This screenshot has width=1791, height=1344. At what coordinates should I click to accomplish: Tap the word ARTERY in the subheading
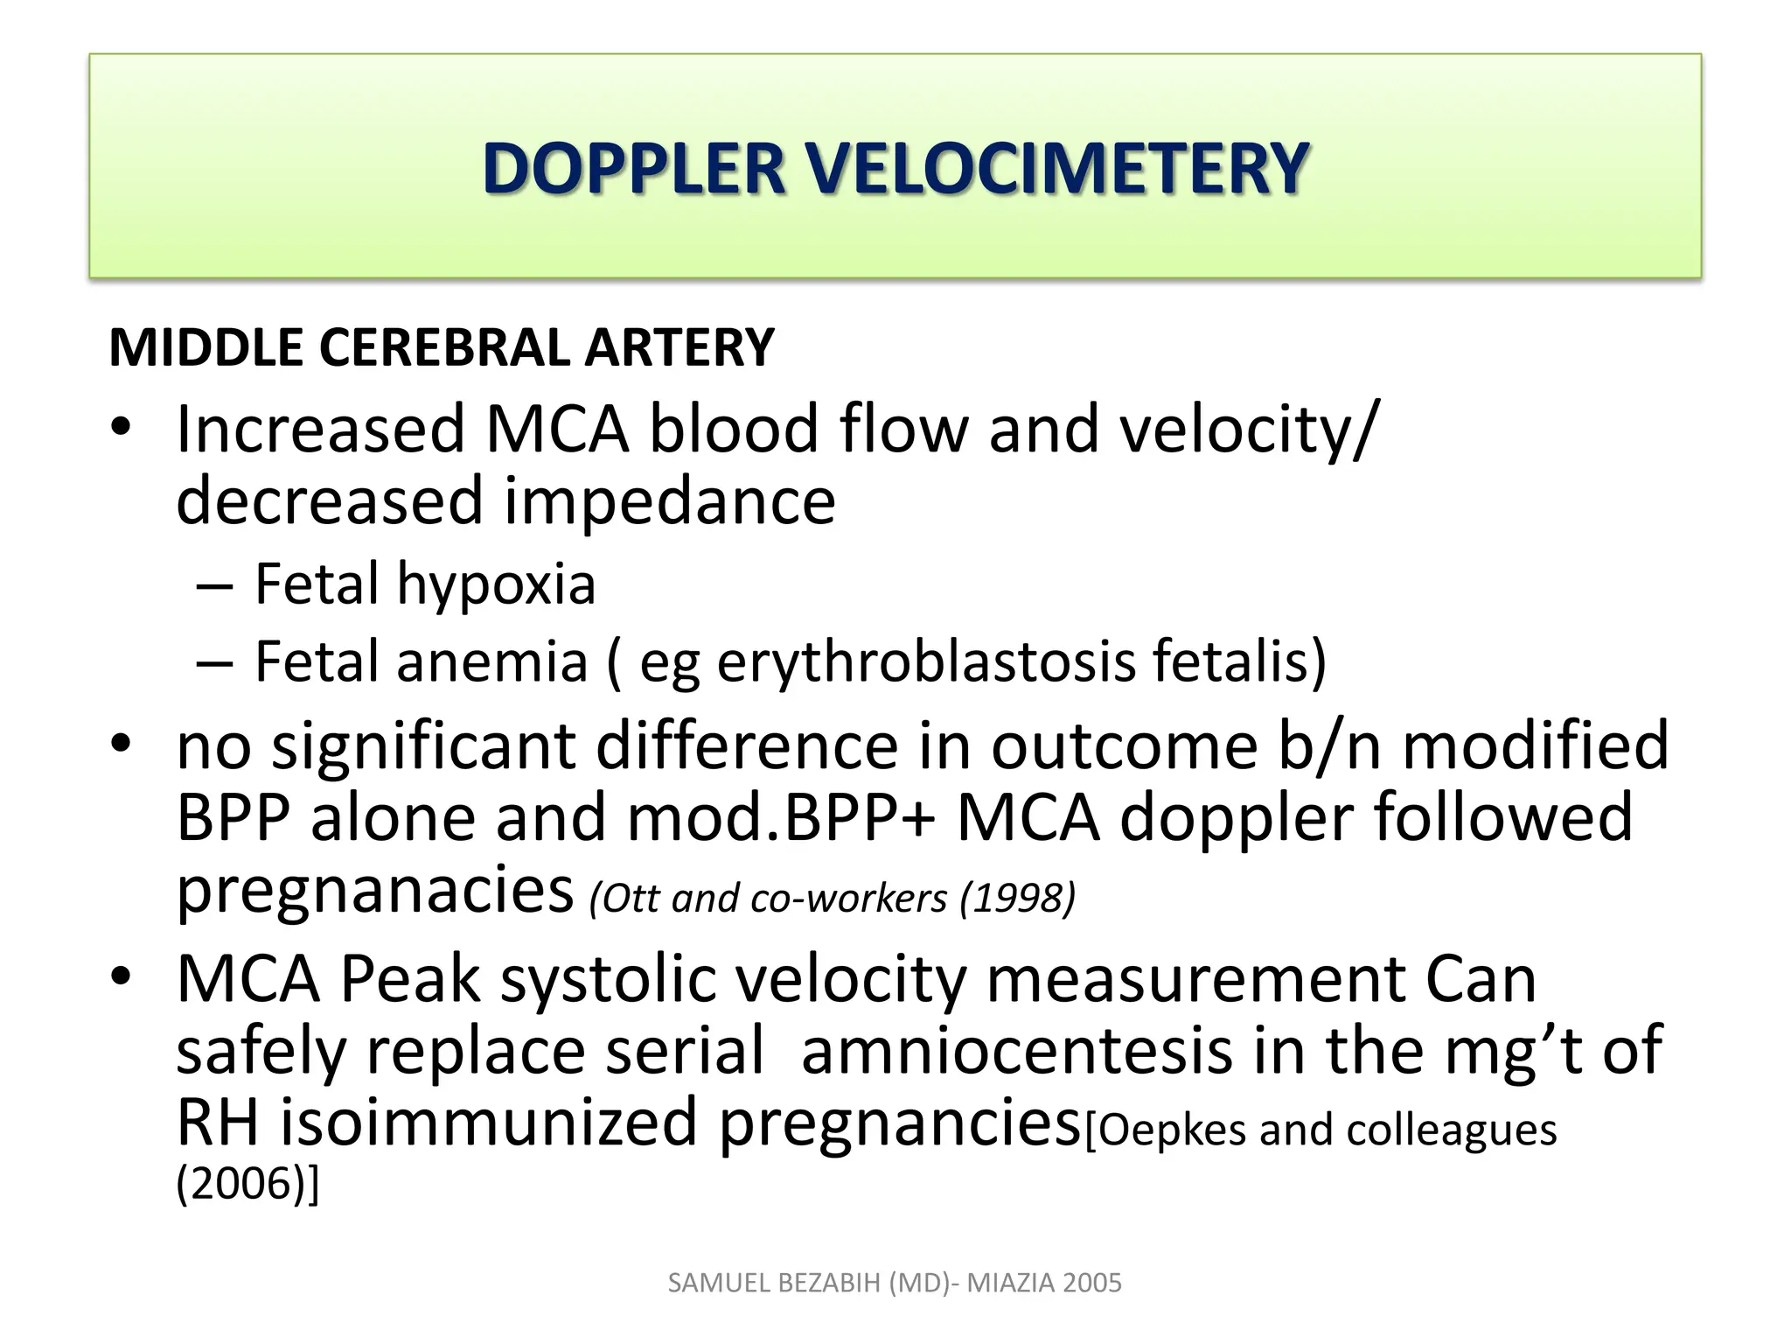click(x=679, y=347)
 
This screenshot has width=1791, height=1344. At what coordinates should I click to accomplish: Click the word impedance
click(x=670, y=500)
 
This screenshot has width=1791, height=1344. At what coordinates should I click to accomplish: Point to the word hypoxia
click(x=496, y=584)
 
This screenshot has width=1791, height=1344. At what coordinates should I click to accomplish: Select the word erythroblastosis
click(x=926, y=661)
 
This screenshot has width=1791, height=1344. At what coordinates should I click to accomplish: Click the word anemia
click(x=492, y=661)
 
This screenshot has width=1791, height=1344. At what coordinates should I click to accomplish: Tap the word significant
click(x=423, y=745)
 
